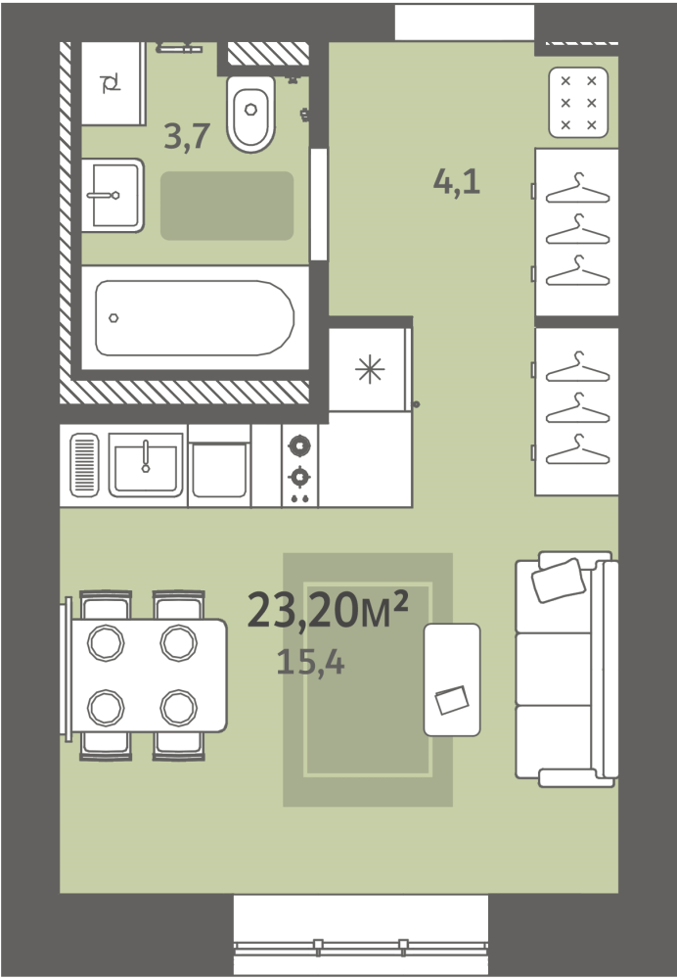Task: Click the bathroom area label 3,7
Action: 187,136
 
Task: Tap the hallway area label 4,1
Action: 457,182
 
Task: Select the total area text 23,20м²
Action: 328,609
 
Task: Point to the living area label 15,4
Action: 310,663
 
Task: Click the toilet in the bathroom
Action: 250,114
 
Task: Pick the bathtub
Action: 195,318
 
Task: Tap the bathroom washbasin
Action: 113,196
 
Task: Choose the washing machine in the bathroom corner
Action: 113,83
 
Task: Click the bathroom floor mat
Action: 227,206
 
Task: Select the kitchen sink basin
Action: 146,465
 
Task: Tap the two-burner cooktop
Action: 299,466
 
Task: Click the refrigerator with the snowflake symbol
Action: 370,369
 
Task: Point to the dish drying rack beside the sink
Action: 84,465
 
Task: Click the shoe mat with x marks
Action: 578,103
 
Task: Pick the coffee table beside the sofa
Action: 452,679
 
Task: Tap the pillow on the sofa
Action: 559,581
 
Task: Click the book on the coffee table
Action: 452,700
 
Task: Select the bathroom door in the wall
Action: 319,205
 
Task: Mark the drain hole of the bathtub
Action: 113,318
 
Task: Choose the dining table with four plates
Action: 149,675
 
